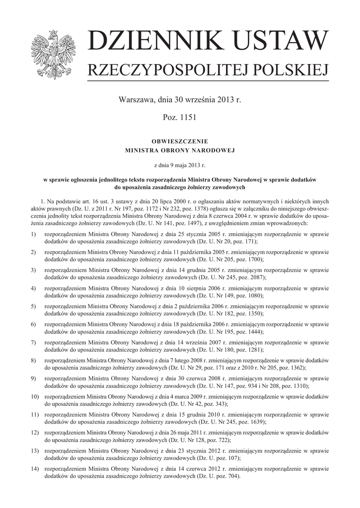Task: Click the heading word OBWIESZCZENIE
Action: point(180,141)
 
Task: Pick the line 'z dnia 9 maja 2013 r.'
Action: point(180,163)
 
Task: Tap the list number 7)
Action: point(33,342)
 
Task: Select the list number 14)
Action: point(34,469)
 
